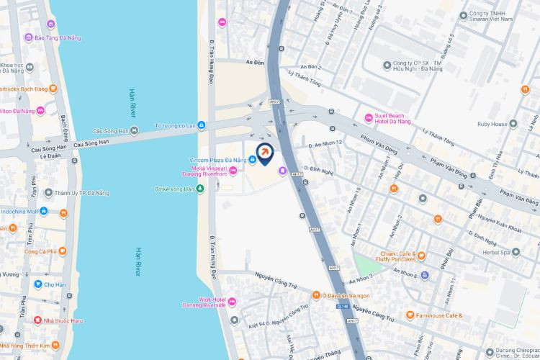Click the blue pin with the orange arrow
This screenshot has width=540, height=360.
265,153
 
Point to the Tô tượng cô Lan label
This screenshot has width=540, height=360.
176,126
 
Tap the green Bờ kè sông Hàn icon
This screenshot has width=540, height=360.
200,189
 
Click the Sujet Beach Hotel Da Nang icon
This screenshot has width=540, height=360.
369,117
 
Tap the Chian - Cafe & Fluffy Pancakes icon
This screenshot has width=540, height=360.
421,255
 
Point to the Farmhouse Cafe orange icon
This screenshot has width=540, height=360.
410,315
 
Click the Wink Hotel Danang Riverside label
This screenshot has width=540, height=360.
205,302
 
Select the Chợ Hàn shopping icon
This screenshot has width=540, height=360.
37,284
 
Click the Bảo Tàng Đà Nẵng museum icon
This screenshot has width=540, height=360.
28,37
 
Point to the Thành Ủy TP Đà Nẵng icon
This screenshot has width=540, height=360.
48,193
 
